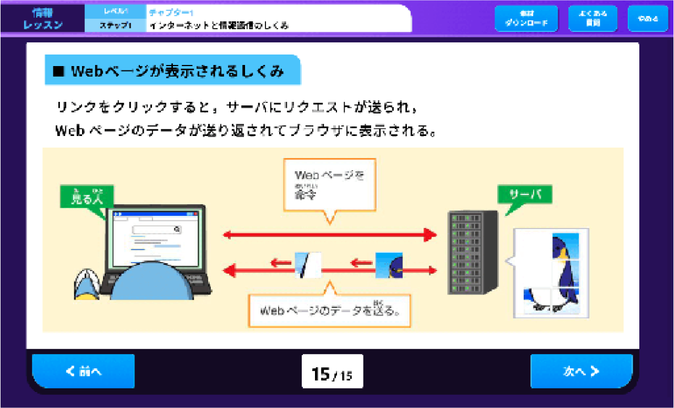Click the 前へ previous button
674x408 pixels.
(83, 371)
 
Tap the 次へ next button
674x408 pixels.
(581, 371)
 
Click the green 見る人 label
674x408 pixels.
(86, 197)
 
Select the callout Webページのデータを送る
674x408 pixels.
(329, 310)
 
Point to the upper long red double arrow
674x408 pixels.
(329, 235)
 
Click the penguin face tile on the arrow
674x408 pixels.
(389, 265)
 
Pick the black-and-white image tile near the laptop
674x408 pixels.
(307, 265)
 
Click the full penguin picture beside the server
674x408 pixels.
(551, 273)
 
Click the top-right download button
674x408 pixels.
(526, 19)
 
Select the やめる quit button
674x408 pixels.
(648, 19)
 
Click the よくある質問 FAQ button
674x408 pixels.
(593, 19)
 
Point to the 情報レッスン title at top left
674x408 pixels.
(43, 18)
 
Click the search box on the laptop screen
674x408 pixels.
(157, 230)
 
